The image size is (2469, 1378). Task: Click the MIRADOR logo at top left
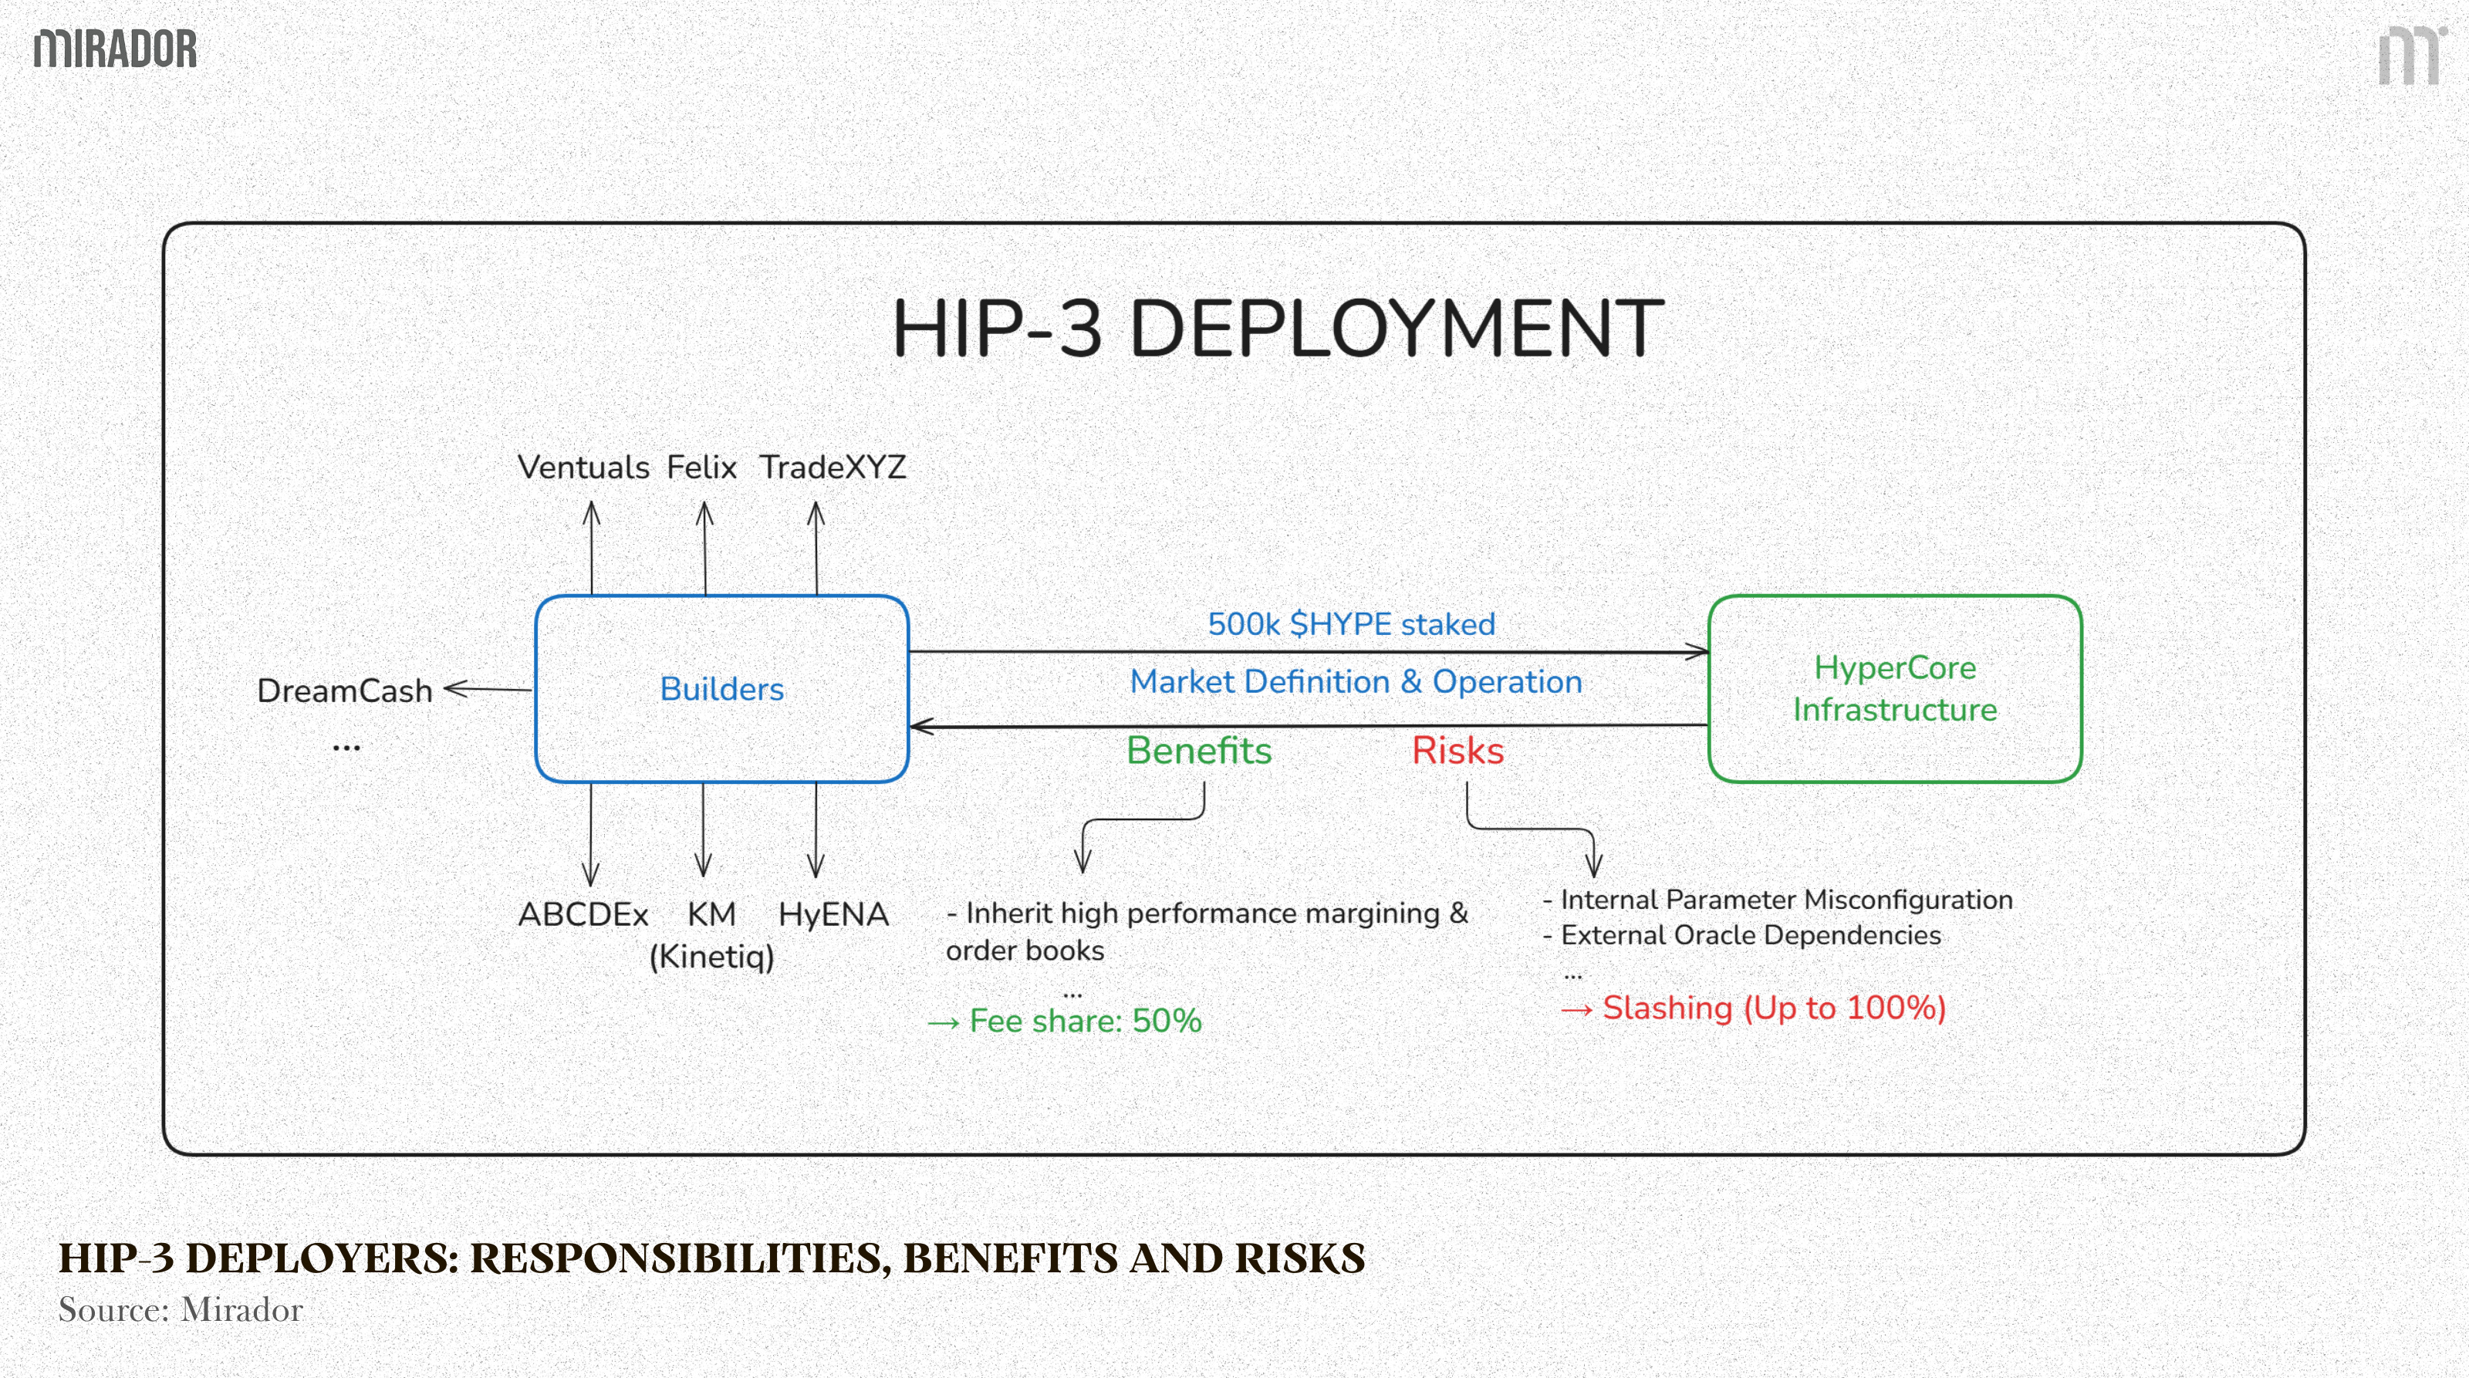115,49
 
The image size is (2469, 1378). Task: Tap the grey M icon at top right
2410,56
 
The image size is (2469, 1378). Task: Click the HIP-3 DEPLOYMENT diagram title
1277,329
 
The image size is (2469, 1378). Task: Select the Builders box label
721,689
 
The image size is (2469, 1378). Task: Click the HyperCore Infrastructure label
1895,688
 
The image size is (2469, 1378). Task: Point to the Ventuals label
583,468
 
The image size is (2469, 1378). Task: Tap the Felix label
701,468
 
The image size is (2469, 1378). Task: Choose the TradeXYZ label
832,468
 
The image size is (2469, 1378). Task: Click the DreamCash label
345,691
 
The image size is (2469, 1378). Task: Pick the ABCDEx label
583,914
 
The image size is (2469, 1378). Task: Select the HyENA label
833,914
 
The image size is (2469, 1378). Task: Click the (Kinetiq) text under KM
711,957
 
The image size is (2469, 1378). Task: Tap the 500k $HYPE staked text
1350,624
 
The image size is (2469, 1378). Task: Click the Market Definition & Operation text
1356,681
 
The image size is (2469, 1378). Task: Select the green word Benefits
1198,750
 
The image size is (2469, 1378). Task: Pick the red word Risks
1457,750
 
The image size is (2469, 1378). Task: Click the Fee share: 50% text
1084,1021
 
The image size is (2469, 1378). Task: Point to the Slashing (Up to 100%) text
1773,1008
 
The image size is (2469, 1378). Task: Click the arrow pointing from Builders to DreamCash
487,688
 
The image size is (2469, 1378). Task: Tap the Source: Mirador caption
181,1310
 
